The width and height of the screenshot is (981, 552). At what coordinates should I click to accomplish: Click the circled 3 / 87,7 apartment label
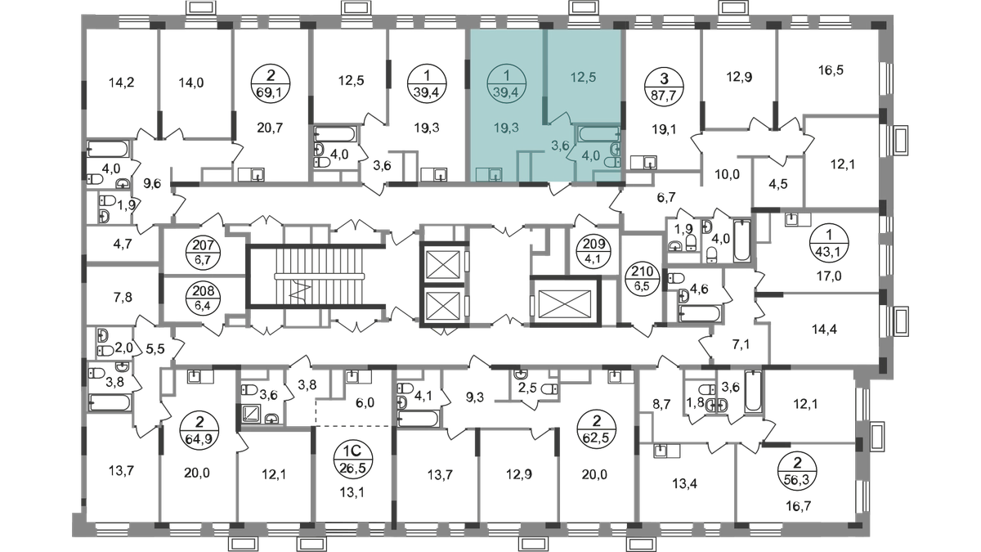click(665, 85)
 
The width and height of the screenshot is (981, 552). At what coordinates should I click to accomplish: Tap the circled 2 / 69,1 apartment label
click(271, 83)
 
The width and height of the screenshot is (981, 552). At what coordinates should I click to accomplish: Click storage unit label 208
click(204, 298)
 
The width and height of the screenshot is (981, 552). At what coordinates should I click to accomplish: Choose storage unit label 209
click(594, 250)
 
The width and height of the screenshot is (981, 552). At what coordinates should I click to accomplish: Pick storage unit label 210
click(643, 279)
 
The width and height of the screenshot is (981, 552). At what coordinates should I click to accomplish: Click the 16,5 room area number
click(831, 70)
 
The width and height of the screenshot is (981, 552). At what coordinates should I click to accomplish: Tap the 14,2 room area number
click(121, 83)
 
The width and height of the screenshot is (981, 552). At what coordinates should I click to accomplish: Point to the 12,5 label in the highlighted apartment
click(584, 78)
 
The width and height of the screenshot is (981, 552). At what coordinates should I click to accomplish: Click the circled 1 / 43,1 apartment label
click(830, 242)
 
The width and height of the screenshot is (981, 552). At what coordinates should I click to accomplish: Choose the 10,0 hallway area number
click(727, 174)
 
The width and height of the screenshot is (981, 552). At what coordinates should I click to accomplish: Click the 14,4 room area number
click(824, 330)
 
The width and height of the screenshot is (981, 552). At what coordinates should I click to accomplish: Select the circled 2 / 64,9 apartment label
click(199, 431)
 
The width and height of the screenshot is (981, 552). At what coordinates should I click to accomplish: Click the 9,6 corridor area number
click(151, 183)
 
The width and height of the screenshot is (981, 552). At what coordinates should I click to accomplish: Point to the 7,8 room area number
click(123, 298)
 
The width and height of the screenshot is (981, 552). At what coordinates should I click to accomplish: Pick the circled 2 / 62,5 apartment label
click(597, 431)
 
